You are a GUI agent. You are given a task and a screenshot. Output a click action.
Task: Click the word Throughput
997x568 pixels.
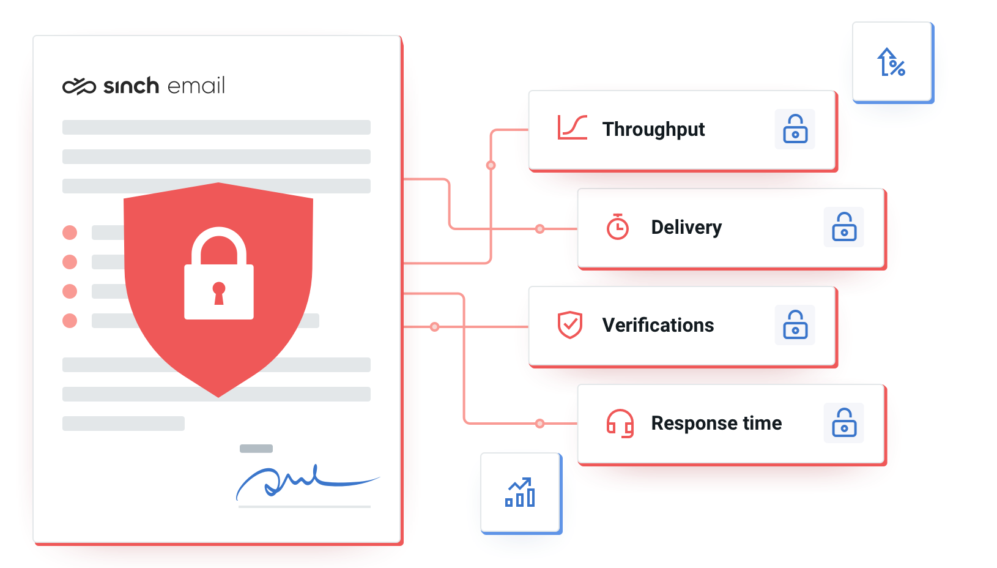[x=653, y=130]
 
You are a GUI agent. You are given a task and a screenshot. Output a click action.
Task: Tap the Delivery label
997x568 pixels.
[x=686, y=228]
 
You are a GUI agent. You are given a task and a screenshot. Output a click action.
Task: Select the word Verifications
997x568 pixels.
[x=658, y=325]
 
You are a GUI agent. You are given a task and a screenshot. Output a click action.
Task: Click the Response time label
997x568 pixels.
[x=716, y=423]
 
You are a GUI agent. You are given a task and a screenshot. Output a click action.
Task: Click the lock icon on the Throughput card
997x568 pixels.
[x=795, y=129]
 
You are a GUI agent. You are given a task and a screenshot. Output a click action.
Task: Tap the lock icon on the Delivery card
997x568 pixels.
[x=843, y=227]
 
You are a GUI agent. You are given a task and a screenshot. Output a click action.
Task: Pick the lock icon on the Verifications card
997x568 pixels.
[x=795, y=325]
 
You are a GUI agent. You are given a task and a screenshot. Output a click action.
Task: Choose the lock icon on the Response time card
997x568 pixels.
[x=843, y=423]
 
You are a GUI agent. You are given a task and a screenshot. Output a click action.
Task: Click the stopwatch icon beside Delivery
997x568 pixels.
[x=617, y=227]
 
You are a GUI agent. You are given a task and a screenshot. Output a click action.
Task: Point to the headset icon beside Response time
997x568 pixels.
[x=620, y=424]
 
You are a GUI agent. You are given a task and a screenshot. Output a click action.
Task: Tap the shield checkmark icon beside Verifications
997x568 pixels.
[x=569, y=325]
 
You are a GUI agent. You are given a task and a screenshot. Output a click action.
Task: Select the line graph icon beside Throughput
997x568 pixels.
[x=572, y=127]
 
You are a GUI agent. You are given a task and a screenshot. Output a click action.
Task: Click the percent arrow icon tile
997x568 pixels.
[x=891, y=62]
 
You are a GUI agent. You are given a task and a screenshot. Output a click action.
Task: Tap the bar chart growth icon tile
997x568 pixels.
[x=520, y=493]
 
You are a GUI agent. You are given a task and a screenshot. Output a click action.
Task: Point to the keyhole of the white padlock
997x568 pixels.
[x=219, y=292]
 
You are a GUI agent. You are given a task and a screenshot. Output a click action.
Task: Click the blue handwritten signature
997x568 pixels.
[x=294, y=480]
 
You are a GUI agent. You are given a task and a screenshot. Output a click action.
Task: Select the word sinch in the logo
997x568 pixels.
[x=131, y=86]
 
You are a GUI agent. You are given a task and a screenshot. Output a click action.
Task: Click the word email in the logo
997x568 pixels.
[x=196, y=86]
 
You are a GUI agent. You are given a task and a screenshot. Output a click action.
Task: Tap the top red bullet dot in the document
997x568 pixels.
[x=70, y=233]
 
